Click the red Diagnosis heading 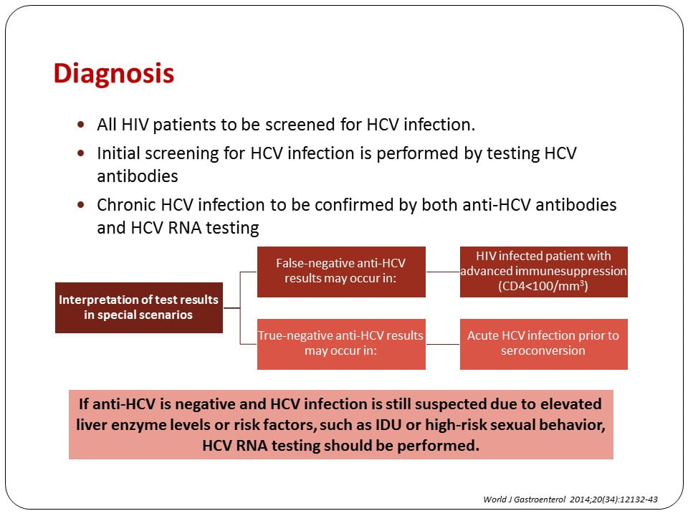click(x=114, y=73)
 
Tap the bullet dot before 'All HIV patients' click(x=81, y=124)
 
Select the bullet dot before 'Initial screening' click(x=81, y=153)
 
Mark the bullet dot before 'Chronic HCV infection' click(x=81, y=204)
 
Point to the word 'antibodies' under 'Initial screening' click(x=138, y=176)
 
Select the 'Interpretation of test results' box click(x=138, y=307)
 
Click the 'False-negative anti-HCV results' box click(x=341, y=272)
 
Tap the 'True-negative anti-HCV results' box click(x=341, y=344)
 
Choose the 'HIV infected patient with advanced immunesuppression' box click(x=544, y=272)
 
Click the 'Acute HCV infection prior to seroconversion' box click(x=544, y=344)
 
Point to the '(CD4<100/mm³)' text click(x=543, y=286)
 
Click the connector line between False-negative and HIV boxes click(x=443, y=272)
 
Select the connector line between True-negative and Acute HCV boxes click(x=443, y=345)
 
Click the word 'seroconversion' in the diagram click(x=543, y=350)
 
